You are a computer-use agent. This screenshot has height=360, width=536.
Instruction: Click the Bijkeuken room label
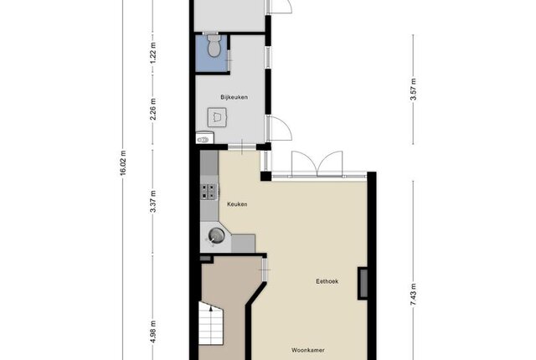[234, 97]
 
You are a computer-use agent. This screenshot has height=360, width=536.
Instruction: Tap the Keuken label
[237, 204]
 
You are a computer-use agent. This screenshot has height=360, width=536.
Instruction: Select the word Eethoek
[327, 281]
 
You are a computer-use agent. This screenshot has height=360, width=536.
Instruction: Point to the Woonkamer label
[308, 350]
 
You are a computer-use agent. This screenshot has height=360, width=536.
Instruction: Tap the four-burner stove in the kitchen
[209, 192]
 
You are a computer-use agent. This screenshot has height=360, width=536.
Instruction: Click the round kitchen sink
[216, 235]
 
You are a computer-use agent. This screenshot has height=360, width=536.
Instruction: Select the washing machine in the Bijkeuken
[217, 117]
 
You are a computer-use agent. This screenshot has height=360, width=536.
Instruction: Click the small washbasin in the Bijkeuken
[204, 138]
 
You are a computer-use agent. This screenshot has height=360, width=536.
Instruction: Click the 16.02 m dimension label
[123, 163]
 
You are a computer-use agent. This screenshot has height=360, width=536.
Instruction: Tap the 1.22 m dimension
[153, 53]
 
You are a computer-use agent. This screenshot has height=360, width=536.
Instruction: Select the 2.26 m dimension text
[153, 109]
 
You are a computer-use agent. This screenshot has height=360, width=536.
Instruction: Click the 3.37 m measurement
[153, 202]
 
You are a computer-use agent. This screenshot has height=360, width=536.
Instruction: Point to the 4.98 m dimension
[153, 332]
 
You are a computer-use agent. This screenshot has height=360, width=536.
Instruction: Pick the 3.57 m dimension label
[413, 90]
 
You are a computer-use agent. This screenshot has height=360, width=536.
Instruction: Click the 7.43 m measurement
[413, 295]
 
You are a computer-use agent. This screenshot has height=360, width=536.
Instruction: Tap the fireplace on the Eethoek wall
[363, 284]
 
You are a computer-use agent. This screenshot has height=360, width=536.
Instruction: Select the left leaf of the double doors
[304, 163]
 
